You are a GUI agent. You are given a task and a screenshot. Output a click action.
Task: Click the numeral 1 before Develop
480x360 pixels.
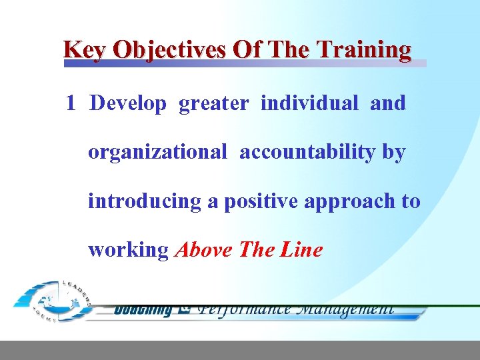coord(71,103)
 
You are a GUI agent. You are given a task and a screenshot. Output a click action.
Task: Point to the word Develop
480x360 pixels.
coord(128,104)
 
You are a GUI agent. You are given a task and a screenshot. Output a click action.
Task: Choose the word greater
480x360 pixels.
coord(213,104)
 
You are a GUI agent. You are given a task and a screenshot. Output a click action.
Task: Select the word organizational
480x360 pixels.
coord(157,153)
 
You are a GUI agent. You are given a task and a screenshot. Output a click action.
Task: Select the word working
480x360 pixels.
coord(128,251)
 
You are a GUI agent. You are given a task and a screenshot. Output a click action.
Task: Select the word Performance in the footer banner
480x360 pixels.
coord(245,309)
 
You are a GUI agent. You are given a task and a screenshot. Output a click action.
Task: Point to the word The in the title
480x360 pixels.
coord(289,50)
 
